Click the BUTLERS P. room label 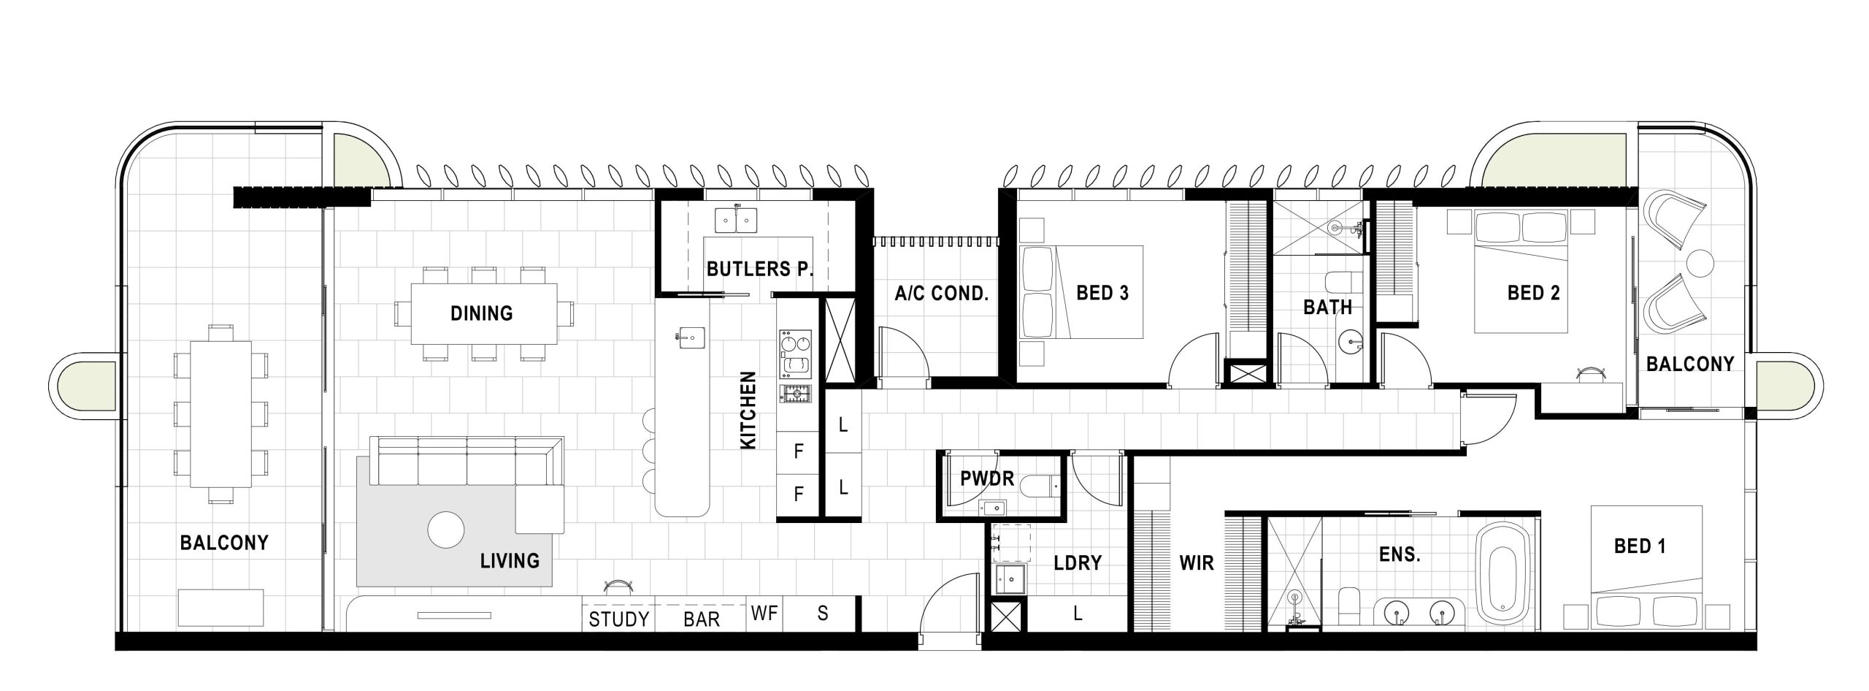click(760, 269)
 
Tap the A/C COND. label click(942, 294)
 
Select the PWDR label click(987, 478)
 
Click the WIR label click(1197, 562)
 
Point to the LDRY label click(1078, 562)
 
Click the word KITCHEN click(748, 411)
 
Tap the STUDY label click(619, 619)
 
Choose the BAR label click(702, 619)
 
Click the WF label click(764, 614)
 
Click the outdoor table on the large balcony click(220, 414)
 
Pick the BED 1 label click(1640, 546)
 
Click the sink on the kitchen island click(691, 337)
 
